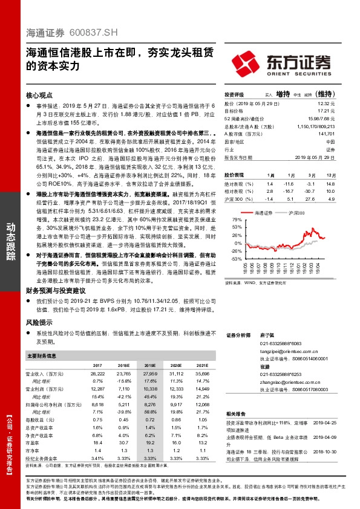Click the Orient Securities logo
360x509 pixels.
[x=282, y=62]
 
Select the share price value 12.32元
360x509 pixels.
[x=326, y=103]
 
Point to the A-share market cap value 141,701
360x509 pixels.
[x=325, y=134]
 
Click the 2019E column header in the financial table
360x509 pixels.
[x=149, y=365]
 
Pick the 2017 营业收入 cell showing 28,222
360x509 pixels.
[x=97, y=375]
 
